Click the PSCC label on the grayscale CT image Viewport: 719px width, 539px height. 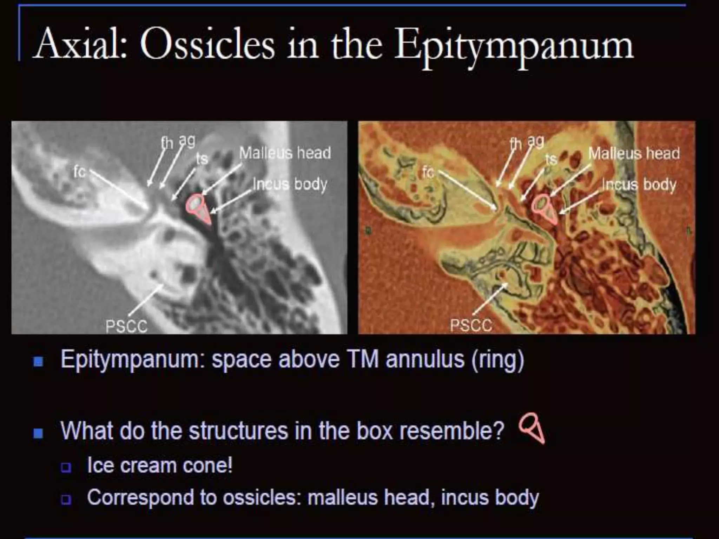[x=126, y=326]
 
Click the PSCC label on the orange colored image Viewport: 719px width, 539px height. [x=471, y=325]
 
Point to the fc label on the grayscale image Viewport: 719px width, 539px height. [x=79, y=172]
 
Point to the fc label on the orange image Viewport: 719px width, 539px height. [x=428, y=172]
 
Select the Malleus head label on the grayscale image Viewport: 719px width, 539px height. [x=285, y=153]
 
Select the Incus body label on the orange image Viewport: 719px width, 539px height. [x=639, y=185]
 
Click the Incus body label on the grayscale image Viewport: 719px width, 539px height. [x=290, y=184]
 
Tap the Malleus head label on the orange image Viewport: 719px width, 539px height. [x=634, y=153]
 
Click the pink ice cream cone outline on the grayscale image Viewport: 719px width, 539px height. [x=199, y=208]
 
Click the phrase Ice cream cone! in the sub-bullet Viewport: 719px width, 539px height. [x=160, y=465]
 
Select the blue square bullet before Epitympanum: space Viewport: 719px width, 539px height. [x=38, y=361]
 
